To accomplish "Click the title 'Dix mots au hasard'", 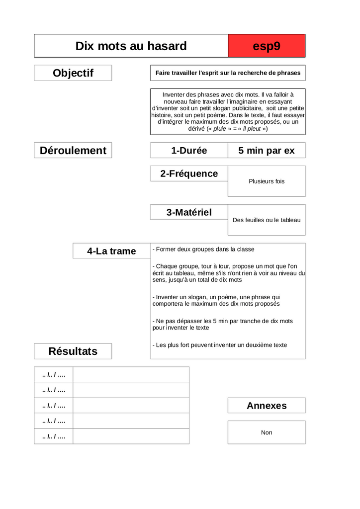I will click(x=131, y=46).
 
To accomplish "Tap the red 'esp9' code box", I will click(x=267, y=46).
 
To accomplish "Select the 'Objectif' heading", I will click(x=73, y=73).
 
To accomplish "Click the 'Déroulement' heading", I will click(x=73, y=151).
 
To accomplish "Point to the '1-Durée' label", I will click(x=189, y=151).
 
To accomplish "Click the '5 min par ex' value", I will click(x=267, y=151).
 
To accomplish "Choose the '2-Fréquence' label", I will click(x=189, y=173).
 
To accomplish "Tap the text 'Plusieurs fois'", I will click(x=267, y=181).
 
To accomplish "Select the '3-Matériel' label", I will click(x=189, y=212).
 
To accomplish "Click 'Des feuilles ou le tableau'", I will click(x=267, y=220).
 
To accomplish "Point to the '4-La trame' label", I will click(x=111, y=251).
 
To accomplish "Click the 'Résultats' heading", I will click(x=73, y=351).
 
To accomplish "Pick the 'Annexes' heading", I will click(x=267, y=406).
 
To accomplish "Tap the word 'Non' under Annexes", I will click(x=267, y=432).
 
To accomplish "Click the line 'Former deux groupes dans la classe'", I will click(x=203, y=249).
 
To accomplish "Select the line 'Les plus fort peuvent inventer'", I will click(x=220, y=345).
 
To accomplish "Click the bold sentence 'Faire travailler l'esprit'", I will click(x=228, y=73).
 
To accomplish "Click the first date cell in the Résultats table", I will click(x=54, y=374).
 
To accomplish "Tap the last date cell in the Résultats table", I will click(x=54, y=436).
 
